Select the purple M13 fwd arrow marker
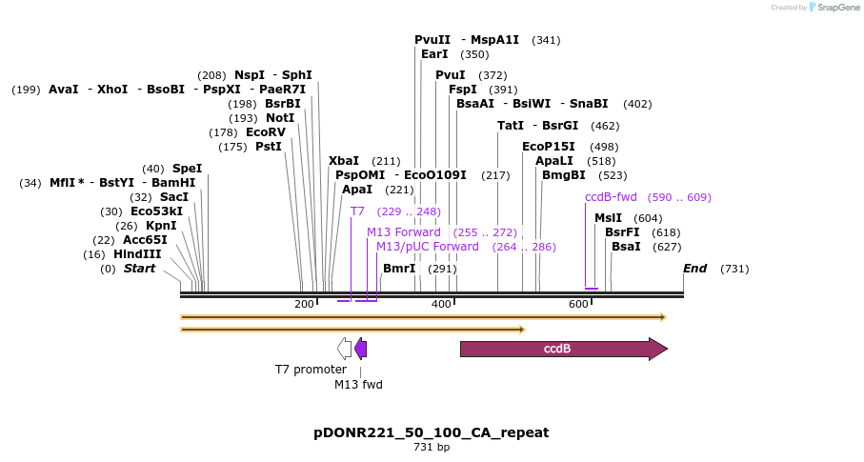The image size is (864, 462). (x=360, y=349)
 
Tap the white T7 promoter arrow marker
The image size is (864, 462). (x=345, y=349)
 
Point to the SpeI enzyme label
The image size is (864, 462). (x=187, y=169)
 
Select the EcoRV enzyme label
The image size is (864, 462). (x=266, y=132)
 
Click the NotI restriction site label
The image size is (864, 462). (x=280, y=118)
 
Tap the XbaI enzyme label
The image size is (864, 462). (x=344, y=161)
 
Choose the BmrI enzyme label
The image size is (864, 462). (x=399, y=269)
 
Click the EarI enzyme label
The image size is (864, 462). (x=434, y=54)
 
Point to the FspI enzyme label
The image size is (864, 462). (x=463, y=90)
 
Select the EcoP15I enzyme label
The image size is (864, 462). (x=549, y=147)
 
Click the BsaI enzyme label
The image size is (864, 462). (x=626, y=247)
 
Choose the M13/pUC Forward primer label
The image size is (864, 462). (x=428, y=247)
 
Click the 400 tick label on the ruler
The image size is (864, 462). (x=441, y=304)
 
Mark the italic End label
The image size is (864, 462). (x=694, y=269)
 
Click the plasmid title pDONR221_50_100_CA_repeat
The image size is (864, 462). (x=432, y=432)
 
